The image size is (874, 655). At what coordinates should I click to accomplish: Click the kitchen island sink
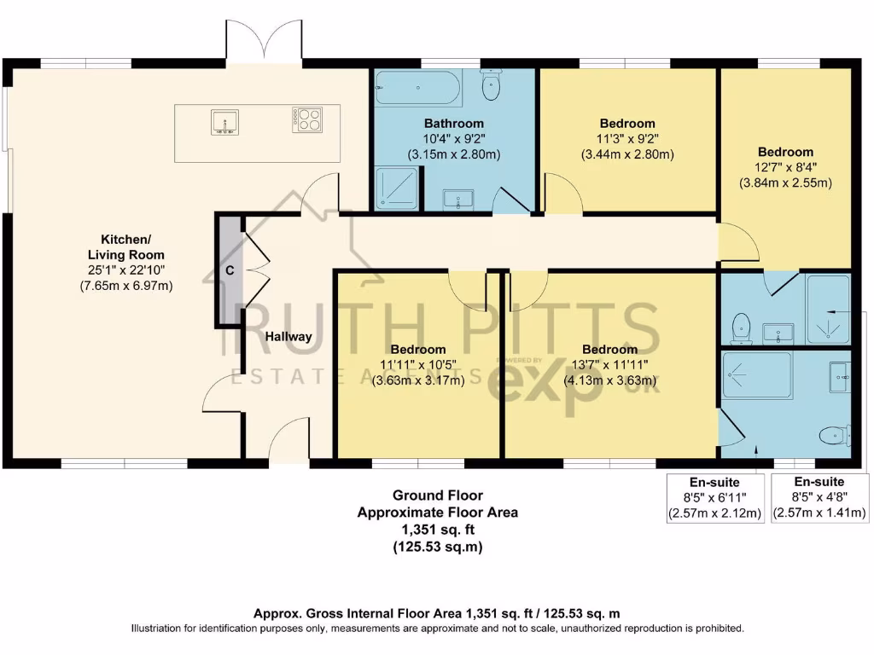225,123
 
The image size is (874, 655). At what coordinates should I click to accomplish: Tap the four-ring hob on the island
307,119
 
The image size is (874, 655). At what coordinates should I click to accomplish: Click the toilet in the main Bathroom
492,86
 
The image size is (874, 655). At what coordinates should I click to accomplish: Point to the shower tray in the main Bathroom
397,188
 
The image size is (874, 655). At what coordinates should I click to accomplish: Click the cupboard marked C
229,270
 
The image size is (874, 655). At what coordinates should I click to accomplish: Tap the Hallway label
288,337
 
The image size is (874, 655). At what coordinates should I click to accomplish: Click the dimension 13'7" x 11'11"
609,365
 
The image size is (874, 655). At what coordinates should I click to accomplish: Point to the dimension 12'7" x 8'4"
784,167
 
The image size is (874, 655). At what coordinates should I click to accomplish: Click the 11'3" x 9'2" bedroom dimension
627,139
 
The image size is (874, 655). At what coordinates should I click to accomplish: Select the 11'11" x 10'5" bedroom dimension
418,365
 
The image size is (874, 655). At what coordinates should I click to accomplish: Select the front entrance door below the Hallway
287,439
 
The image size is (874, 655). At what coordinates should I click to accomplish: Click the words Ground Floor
437,495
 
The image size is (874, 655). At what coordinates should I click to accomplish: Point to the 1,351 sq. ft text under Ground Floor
437,530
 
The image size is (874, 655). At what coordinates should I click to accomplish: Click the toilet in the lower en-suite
833,436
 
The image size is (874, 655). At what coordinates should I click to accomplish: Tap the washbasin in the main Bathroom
460,200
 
